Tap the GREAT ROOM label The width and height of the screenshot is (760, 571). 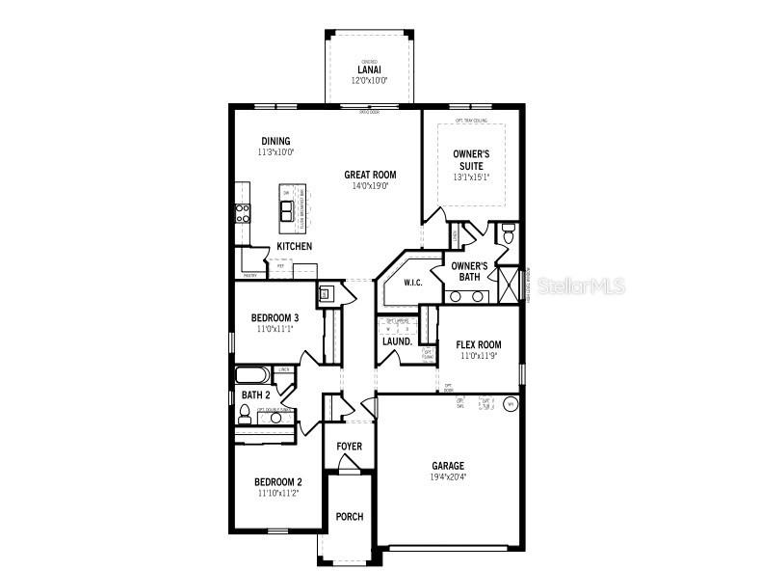(370, 175)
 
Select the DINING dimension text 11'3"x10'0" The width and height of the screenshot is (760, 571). (275, 152)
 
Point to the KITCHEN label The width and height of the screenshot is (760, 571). (295, 247)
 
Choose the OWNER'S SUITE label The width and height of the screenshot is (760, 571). (471, 159)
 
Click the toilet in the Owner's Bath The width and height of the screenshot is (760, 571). (508, 233)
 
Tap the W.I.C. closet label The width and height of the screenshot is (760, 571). (413, 283)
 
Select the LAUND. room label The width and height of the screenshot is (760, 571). (397, 341)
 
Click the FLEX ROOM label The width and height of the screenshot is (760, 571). (478, 344)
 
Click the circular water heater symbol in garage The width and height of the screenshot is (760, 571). (511, 404)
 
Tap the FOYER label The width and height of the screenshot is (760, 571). (349, 447)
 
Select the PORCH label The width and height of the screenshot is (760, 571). (349, 517)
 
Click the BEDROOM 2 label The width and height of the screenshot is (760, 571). (278, 482)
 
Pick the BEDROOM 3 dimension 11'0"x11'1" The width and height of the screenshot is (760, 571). (275, 329)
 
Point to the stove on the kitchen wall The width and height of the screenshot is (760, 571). (243, 213)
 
